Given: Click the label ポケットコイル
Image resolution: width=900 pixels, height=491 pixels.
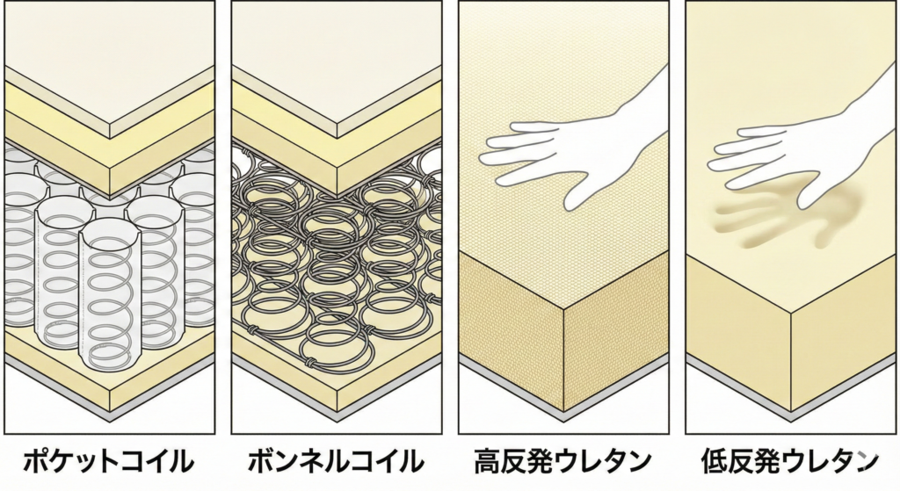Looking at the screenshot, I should (x=110, y=459).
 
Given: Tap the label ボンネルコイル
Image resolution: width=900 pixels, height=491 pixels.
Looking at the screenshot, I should (x=337, y=459).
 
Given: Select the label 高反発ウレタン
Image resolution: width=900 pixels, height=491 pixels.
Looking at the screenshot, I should (x=562, y=459).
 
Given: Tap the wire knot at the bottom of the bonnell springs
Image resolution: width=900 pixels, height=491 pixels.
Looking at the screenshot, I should (x=310, y=359).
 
